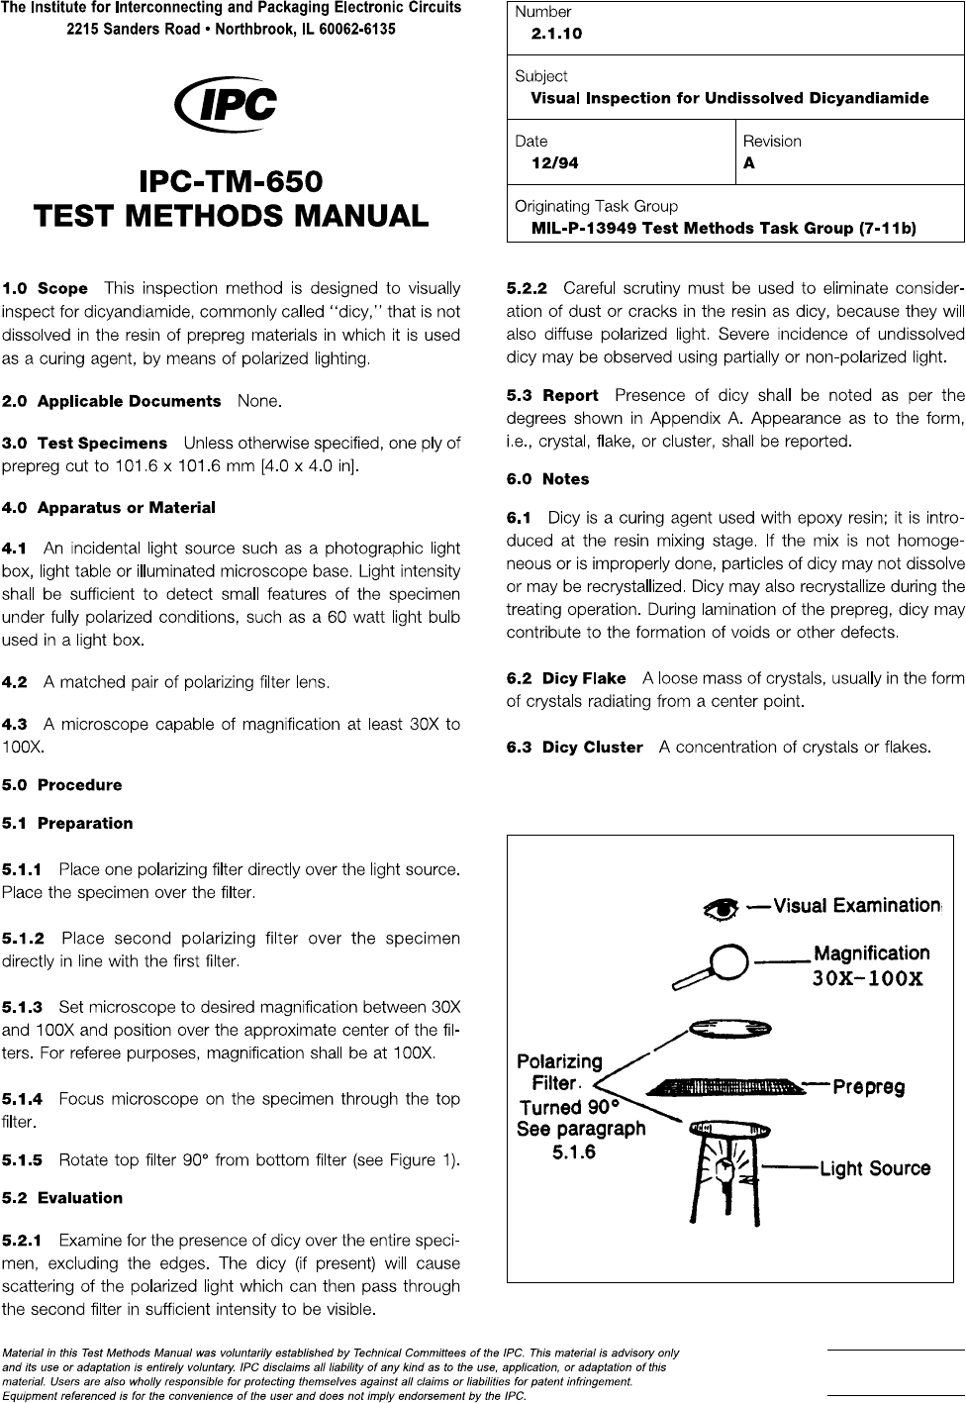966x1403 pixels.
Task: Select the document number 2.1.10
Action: pos(556,34)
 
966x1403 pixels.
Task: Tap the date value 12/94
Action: pos(554,164)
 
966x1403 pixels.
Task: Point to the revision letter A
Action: pos(749,164)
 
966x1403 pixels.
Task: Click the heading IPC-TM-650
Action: pos(231,183)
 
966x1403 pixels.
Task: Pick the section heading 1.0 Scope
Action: pos(46,289)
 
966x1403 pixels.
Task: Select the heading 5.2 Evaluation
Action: pos(63,1198)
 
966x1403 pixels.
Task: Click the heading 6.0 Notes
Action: pos(547,479)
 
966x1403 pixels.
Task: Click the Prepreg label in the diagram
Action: pos(868,1087)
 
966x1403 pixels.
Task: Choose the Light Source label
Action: pos(875,1168)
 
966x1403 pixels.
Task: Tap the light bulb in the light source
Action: pos(726,1168)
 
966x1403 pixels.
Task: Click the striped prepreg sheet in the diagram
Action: pos(722,1087)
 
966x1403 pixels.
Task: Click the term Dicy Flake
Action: pos(584,679)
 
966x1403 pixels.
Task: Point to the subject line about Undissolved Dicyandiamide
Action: pos(729,98)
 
